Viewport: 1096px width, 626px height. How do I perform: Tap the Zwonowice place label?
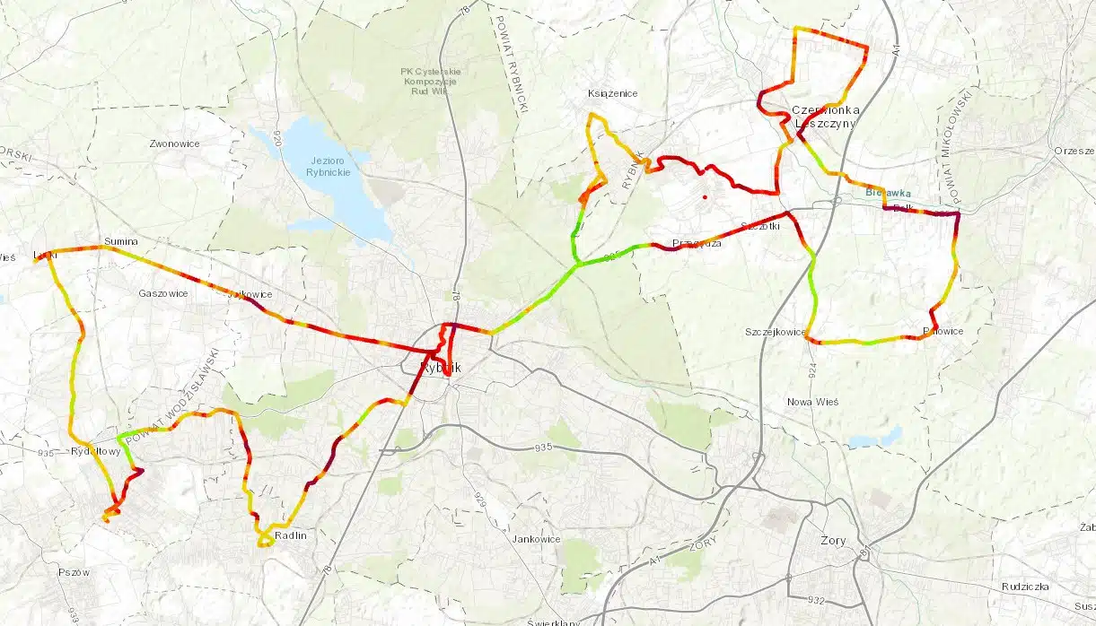(x=174, y=143)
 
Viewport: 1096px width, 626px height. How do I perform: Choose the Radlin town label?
(x=291, y=535)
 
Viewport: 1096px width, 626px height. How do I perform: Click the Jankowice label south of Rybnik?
(x=536, y=539)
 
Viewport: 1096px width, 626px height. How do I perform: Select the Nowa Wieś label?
(x=811, y=402)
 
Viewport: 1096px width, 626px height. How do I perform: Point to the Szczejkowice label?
(x=775, y=332)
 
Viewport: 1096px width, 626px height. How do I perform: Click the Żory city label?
(x=833, y=541)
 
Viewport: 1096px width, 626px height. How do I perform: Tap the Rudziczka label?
(x=1026, y=587)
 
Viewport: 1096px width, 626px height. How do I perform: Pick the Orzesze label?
(x=1075, y=151)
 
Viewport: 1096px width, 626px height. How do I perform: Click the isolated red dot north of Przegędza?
(x=705, y=196)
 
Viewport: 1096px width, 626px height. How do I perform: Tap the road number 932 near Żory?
(x=816, y=599)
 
